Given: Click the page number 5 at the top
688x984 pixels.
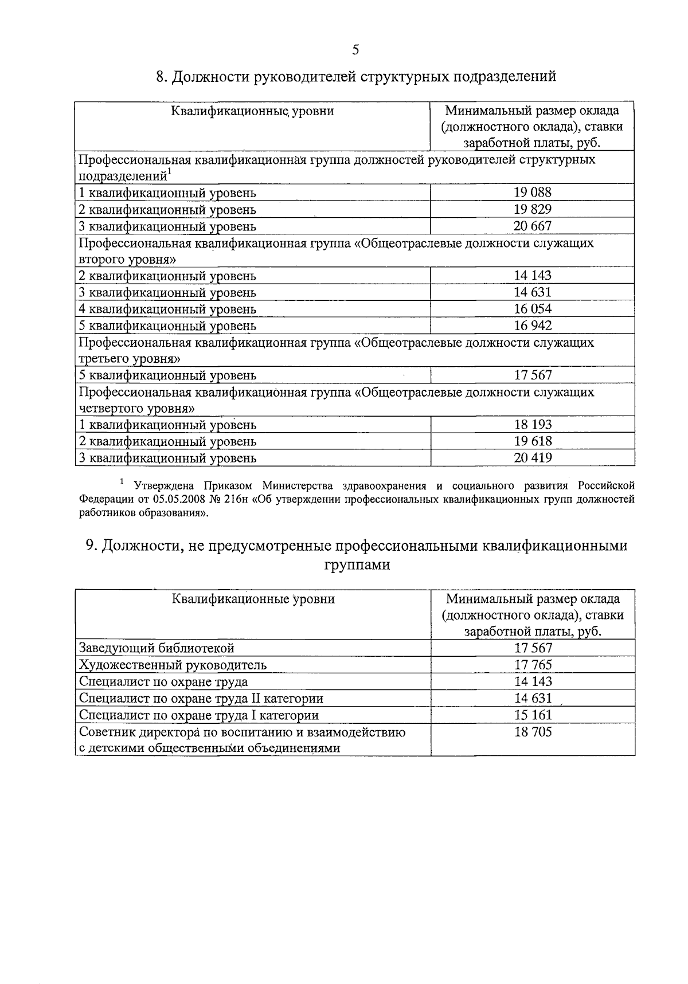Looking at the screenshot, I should (355, 50).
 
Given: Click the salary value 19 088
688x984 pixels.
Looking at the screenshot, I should (533, 193).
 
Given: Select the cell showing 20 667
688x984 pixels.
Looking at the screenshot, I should (533, 226).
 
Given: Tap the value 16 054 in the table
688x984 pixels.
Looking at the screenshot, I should (533, 309).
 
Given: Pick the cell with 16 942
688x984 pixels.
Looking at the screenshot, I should (533, 326).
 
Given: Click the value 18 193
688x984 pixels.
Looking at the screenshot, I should (533, 425).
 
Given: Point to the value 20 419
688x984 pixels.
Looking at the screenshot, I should (533, 458).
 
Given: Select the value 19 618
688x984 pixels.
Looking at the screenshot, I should (533, 441).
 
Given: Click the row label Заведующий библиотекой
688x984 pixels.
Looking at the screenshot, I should (157, 648).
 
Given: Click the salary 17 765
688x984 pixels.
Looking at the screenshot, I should (533, 665).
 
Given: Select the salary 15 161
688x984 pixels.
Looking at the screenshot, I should (533, 715).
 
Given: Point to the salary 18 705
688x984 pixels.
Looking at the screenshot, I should (533, 732).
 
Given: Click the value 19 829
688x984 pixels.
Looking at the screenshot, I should (533, 209).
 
